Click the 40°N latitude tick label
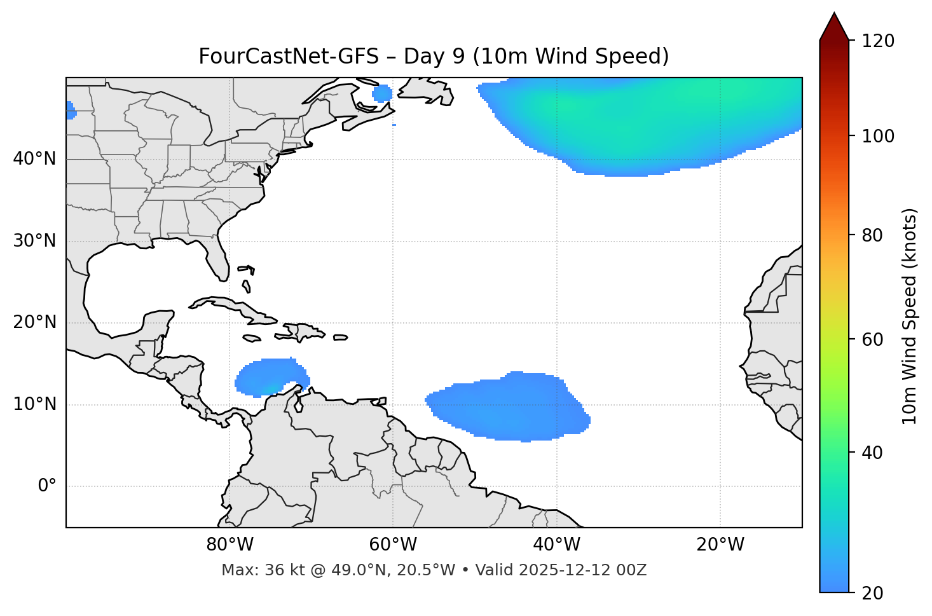pos(34,159)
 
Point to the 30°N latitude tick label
pos(34,241)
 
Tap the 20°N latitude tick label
pos(34,322)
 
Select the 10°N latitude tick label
pos(34,404)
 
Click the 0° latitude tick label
pos(46,486)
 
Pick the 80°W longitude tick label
pos(230,545)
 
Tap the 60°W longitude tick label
pos(393,545)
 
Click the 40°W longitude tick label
pos(556,545)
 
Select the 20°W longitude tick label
pos(720,545)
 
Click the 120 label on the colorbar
pos(878,41)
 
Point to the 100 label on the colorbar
pos(878,136)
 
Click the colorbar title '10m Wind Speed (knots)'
pos(910,316)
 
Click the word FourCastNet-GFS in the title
pos(288,57)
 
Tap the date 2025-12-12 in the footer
pos(569,570)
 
